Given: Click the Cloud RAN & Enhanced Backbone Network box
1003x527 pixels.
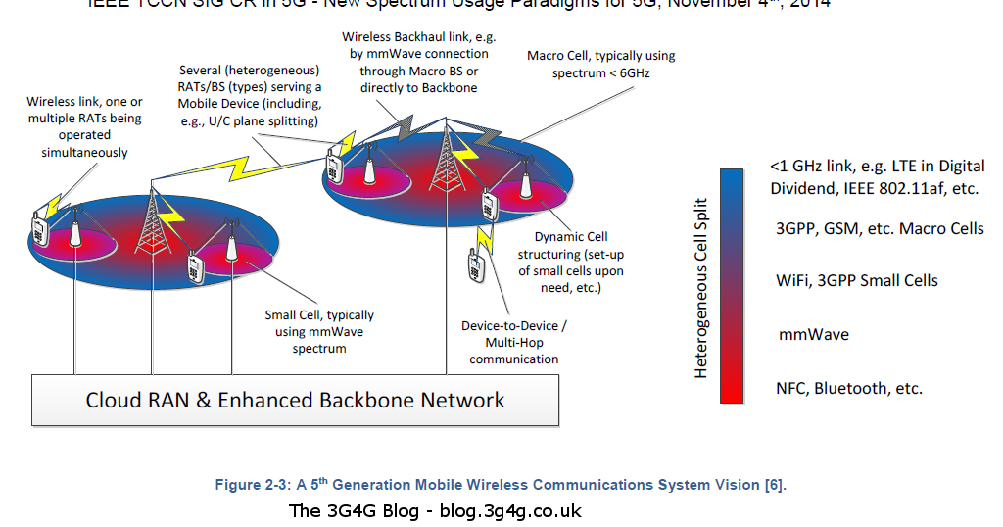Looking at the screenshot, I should (295, 400).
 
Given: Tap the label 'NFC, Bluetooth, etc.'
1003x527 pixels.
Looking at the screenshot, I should (848, 388).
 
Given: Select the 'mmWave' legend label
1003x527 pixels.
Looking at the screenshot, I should (813, 334).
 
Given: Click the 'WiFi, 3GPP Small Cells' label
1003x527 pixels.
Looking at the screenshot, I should (856, 280).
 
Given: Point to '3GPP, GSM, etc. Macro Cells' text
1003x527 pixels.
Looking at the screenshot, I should (879, 228).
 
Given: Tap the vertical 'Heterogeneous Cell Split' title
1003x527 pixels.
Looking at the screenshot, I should (701, 285).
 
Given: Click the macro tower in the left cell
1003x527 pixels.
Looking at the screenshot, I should (153, 220).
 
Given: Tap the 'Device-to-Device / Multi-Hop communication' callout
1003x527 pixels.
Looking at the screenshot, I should (513, 342).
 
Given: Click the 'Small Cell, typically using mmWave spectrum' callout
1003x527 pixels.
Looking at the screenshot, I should (319, 331).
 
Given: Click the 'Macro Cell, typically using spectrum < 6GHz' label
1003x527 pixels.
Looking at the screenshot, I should (600, 65).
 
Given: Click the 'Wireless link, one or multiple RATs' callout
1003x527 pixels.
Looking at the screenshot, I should (84, 127).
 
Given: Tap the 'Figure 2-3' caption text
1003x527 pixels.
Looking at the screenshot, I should (501, 485).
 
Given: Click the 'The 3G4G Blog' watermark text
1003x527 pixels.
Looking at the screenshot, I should (435, 511).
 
